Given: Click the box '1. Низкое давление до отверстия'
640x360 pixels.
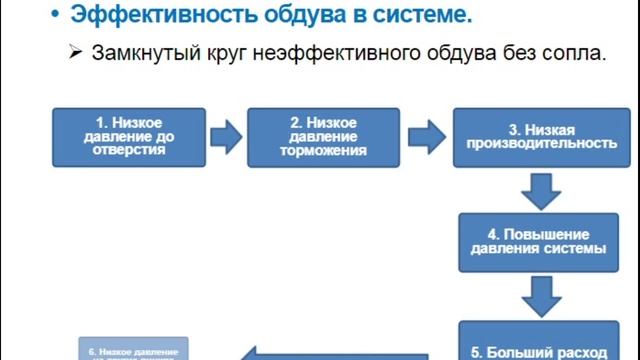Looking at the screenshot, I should pos(129,135).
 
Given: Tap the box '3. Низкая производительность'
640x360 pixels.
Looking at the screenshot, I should pos(535,136).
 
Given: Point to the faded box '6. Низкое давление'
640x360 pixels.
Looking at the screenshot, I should pos(133,350).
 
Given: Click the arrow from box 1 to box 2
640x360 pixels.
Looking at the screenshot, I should pos(226,135).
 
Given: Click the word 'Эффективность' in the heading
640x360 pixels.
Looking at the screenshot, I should pos(146,17).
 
